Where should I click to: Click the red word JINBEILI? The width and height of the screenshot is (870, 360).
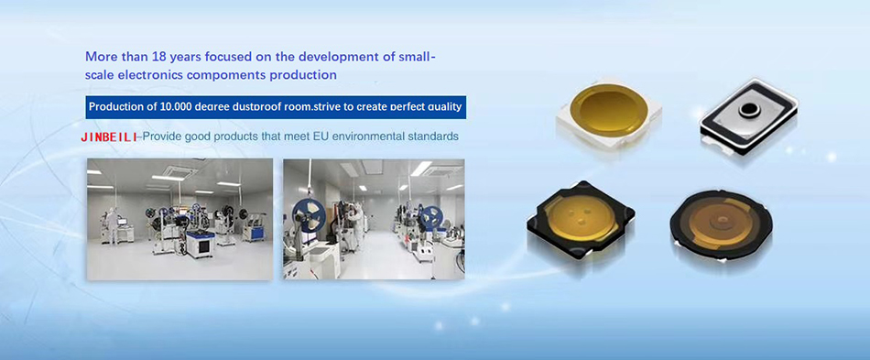109,136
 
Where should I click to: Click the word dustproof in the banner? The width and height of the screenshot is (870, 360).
258,107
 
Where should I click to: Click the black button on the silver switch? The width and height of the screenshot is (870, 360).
747,109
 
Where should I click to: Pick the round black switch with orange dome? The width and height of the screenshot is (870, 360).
721,224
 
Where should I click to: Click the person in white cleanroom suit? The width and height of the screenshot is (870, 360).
113,225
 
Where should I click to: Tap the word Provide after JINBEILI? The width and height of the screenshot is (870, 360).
160,136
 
